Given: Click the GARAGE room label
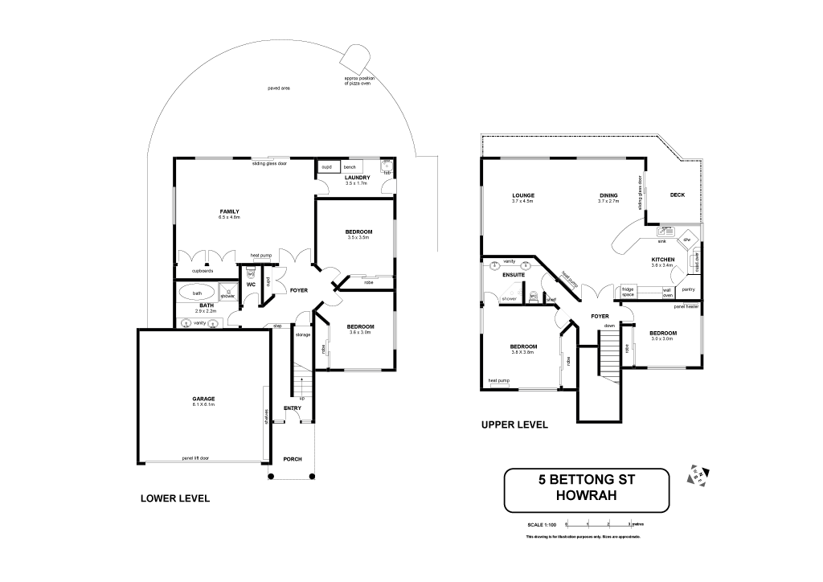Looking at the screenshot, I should [203, 399].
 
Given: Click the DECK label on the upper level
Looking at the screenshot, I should [677, 195].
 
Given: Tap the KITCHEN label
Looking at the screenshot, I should [662, 259].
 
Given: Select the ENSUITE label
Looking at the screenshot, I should [514, 275].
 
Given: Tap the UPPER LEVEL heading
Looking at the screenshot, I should [514, 424].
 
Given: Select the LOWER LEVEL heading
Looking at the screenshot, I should [175, 498].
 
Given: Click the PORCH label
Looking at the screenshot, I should [292, 459].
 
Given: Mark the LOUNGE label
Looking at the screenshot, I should [523, 195].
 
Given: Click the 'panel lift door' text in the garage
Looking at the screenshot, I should [194, 458].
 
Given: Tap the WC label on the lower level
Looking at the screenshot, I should [251, 284].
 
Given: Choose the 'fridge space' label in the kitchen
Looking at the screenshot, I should [628, 291].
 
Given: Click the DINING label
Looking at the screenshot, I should [608, 195].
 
